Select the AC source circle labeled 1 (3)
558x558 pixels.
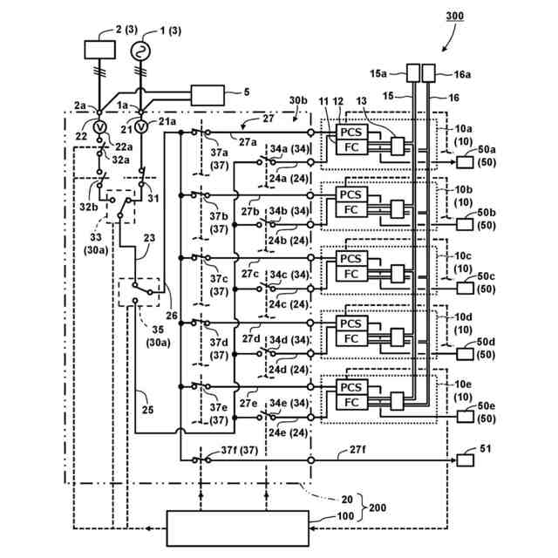coord(140,51)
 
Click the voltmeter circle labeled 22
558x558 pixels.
coord(99,127)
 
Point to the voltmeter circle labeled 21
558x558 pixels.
coord(140,127)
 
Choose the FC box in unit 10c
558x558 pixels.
coord(350,275)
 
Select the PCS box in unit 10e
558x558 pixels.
coord(350,386)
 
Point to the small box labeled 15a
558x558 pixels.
coord(413,73)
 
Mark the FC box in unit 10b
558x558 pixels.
coord(350,210)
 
